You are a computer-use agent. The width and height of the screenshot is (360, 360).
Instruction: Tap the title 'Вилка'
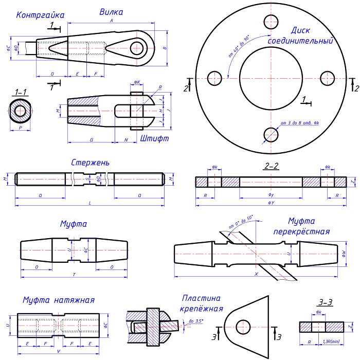[111, 11]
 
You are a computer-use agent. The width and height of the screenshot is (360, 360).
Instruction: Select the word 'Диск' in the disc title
[300, 30]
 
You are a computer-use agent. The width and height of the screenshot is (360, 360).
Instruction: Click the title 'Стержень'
[90, 163]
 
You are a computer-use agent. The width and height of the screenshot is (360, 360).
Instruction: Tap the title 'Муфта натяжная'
[59, 300]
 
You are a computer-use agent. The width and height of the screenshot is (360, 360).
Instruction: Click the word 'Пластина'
[201, 298]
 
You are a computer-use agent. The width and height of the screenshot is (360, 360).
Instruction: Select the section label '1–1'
[21, 92]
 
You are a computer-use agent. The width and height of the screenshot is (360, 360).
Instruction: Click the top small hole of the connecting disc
[271, 21]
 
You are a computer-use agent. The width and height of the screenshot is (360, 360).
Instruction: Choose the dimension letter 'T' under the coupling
[74, 275]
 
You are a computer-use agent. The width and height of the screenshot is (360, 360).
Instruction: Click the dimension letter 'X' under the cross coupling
[256, 275]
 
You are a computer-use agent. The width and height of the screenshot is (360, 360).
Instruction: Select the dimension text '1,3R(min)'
[331, 341]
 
